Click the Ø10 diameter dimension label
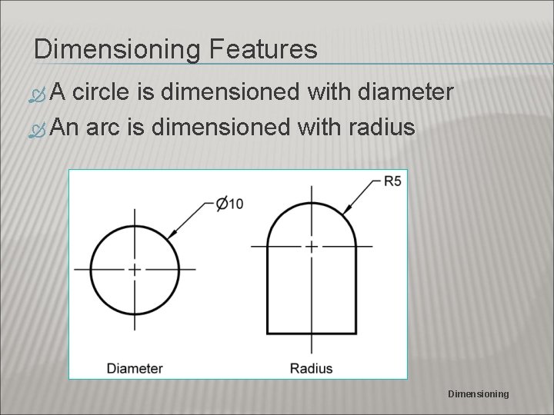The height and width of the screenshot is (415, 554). (229, 203)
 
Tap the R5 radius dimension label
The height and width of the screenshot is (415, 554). (393, 182)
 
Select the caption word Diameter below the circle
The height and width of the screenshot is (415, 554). (135, 367)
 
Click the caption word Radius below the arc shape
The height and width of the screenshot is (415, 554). (311, 367)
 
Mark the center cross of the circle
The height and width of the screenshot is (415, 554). (135, 269)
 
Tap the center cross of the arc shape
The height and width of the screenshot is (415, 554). (311, 247)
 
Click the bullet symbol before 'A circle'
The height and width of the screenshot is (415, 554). (43, 95)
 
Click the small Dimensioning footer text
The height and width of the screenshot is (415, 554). (479, 393)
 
